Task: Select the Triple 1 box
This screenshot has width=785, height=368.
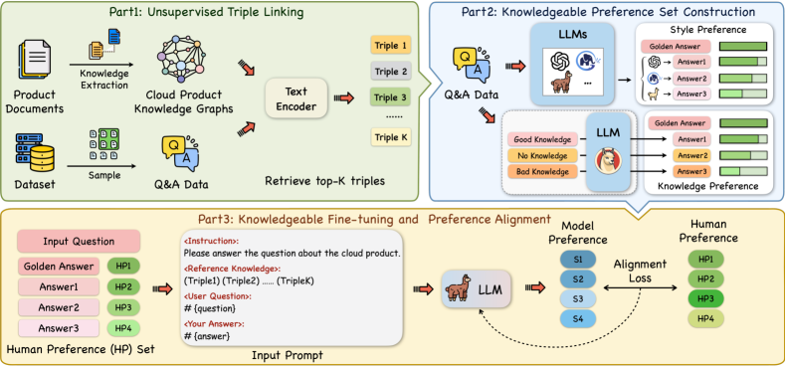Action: point(389,46)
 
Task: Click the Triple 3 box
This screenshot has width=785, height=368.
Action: point(389,97)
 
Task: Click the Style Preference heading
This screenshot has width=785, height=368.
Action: point(708,30)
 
